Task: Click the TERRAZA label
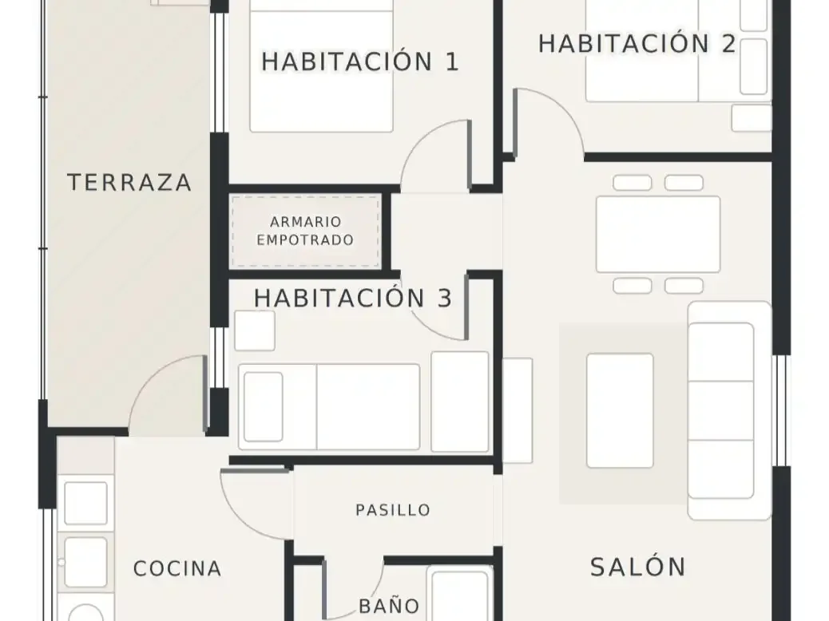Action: pos(129,183)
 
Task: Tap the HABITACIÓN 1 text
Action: pos(360,61)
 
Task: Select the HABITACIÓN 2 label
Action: pos(637,43)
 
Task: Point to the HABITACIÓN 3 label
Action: pos(353,298)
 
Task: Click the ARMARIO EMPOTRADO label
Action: pos(305,231)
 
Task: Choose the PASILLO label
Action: pos(393,511)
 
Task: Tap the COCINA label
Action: pos(177,569)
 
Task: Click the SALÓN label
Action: pos(638,567)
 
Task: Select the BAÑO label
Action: pos(389,606)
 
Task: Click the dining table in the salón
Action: pos(658,234)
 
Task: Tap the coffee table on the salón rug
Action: pos(620,410)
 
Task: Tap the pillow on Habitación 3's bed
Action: pos(264,406)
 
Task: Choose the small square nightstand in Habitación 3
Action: pos(255,330)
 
